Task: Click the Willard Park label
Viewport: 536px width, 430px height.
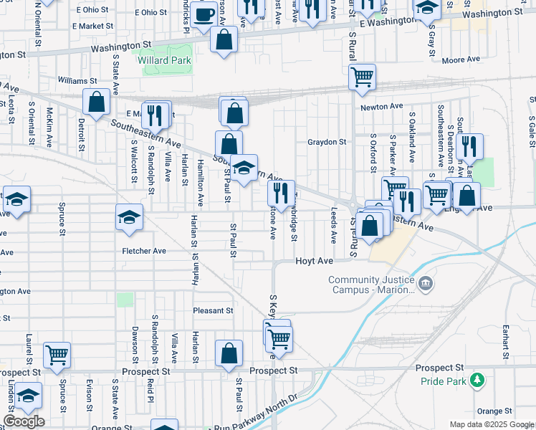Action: tap(165, 61)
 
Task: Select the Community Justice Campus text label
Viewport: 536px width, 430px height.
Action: tap(371, 285)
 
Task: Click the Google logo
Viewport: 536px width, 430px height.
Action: tap(24, 421)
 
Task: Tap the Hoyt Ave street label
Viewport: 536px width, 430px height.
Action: tap(315, 262)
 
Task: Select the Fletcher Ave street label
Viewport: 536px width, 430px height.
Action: tap(144, 251)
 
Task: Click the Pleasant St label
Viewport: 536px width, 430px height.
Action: tap(214, 311)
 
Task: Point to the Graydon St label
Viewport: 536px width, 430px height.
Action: tap(327, 142)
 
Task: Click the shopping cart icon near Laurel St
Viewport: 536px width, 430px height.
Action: tap(57, 353)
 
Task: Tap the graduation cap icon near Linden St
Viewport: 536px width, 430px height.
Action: tap(28, 395)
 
